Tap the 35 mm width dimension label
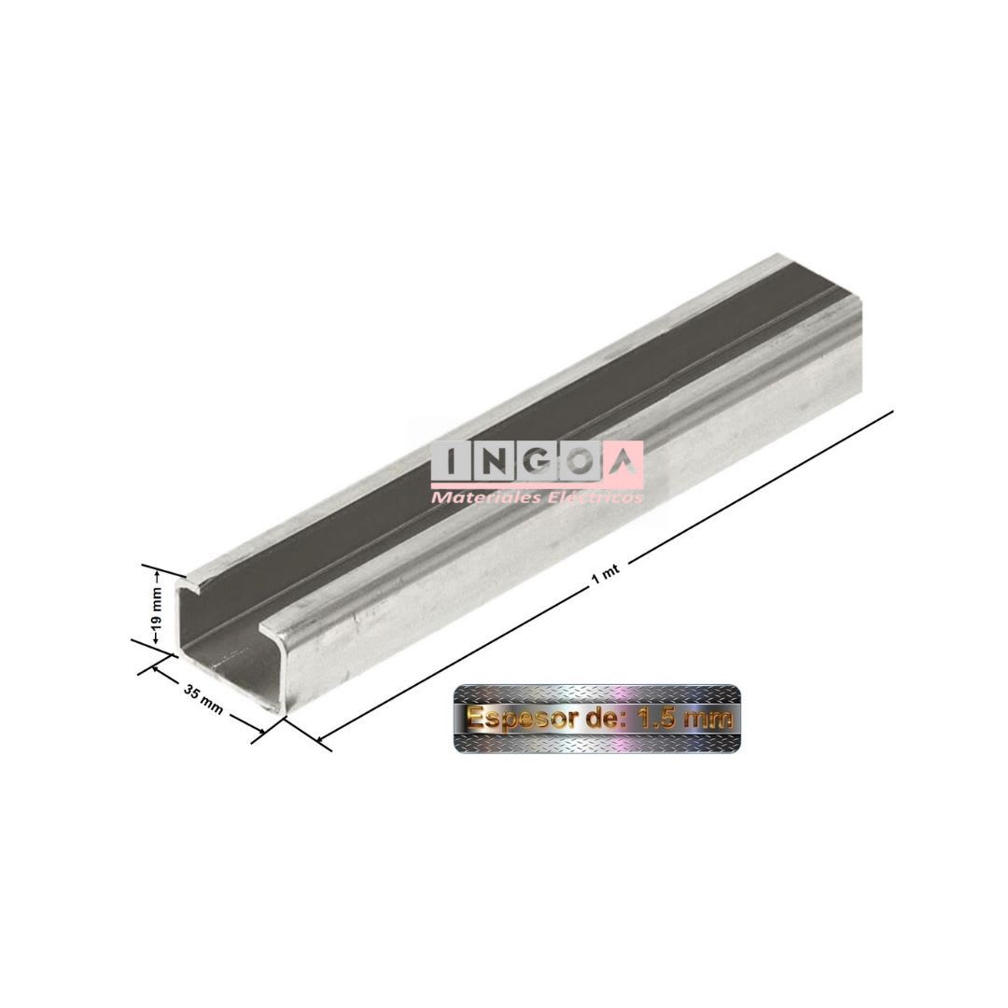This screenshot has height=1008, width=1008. click(x=203, y=699)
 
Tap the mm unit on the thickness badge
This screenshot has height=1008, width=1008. click(x=710, y=719)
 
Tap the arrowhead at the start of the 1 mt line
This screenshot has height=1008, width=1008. click(x=322, y=740)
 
